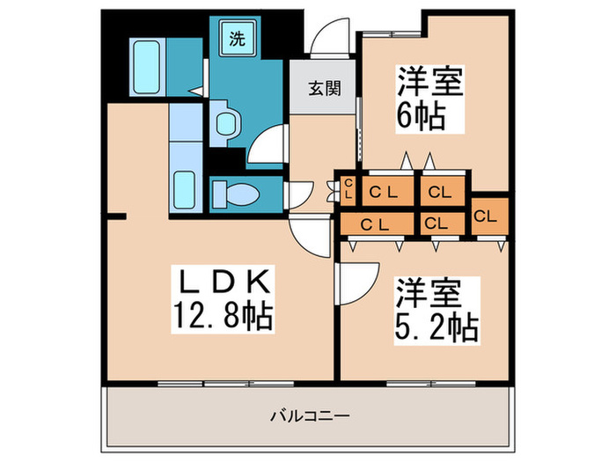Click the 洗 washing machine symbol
tap(238, 39)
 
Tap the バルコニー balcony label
tap(310, 414)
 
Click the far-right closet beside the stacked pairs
tap(488, 215)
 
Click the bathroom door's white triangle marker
tap(198, 89)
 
